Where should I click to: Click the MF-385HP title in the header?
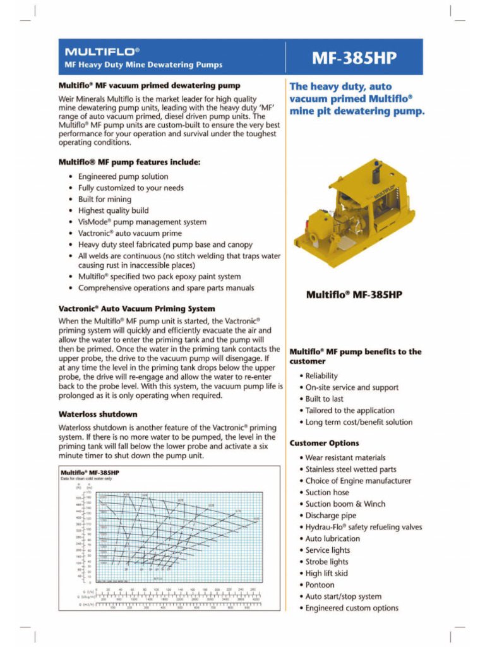354,58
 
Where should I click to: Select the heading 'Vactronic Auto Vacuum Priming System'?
136,309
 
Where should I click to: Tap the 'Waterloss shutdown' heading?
97,414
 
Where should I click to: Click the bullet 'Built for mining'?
105,199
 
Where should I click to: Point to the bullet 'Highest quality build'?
114,210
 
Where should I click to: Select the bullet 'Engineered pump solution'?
123,176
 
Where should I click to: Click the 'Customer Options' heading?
324,443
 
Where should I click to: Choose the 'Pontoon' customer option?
320,584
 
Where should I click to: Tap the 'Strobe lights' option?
326,562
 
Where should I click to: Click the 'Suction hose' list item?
326,492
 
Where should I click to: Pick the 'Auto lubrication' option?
333,538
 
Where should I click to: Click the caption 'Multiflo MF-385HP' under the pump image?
354,294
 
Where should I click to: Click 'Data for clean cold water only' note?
90,479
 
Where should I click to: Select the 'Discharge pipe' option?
331,516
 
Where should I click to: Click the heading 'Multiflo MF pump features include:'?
129,162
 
